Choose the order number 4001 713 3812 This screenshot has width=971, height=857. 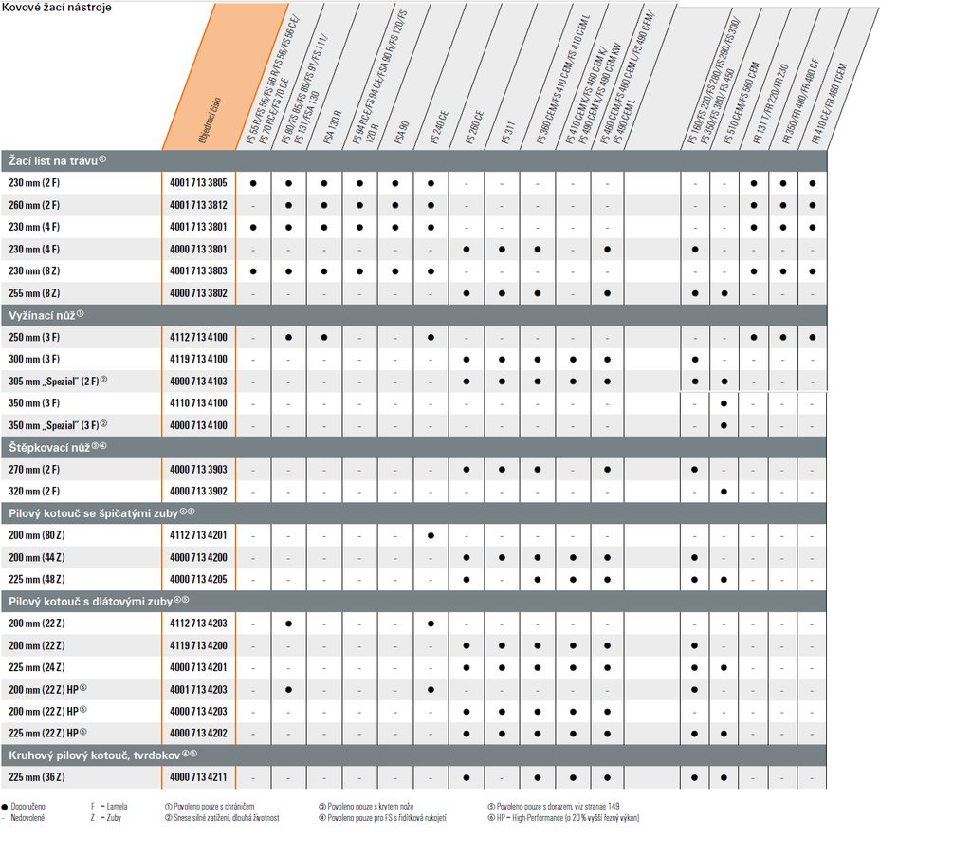click(x=198, y=205)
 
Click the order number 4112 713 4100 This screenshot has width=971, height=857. click(x=198, y=337)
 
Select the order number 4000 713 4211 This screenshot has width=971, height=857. click(x=198, y=777)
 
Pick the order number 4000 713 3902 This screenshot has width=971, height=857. click(x=198, y=492)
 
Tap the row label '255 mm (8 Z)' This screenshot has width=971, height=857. click(x=34, y=293)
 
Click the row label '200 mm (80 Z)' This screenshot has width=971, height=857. click(x=36, y=535)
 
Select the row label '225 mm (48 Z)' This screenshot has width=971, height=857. click(x=36, y=579)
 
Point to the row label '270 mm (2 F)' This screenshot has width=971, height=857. click(x=34, y=470)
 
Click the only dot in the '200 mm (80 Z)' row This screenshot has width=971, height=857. click(x=431, y=535)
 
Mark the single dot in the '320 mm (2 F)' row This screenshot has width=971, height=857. click(x=724, y=492)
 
